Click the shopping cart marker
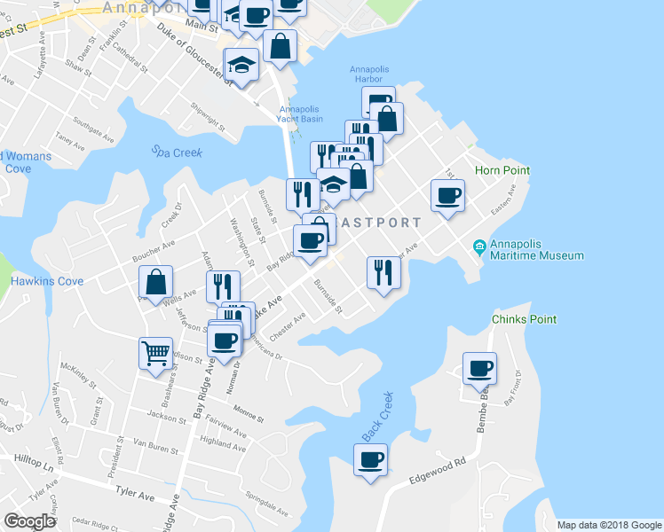coord(155,353)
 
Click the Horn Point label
coord(502,170)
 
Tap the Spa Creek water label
coord(176,153)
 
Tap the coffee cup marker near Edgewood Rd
coord(371,460)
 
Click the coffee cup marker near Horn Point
coord(447,195)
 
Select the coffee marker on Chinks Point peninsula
coord(480,368)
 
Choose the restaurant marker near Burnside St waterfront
coord(383,271)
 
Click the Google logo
coord(30,521)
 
